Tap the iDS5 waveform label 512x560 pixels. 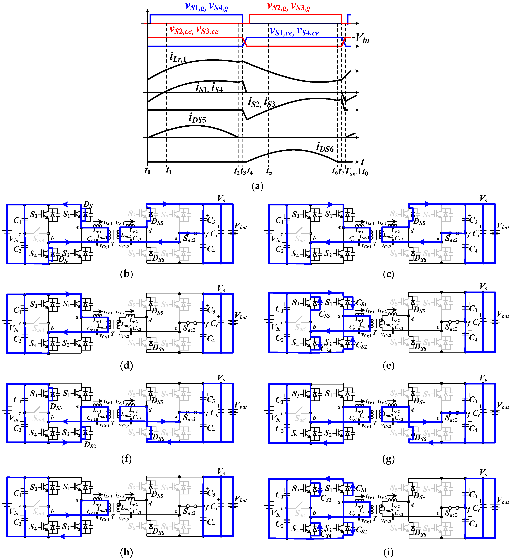click(197, 118)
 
